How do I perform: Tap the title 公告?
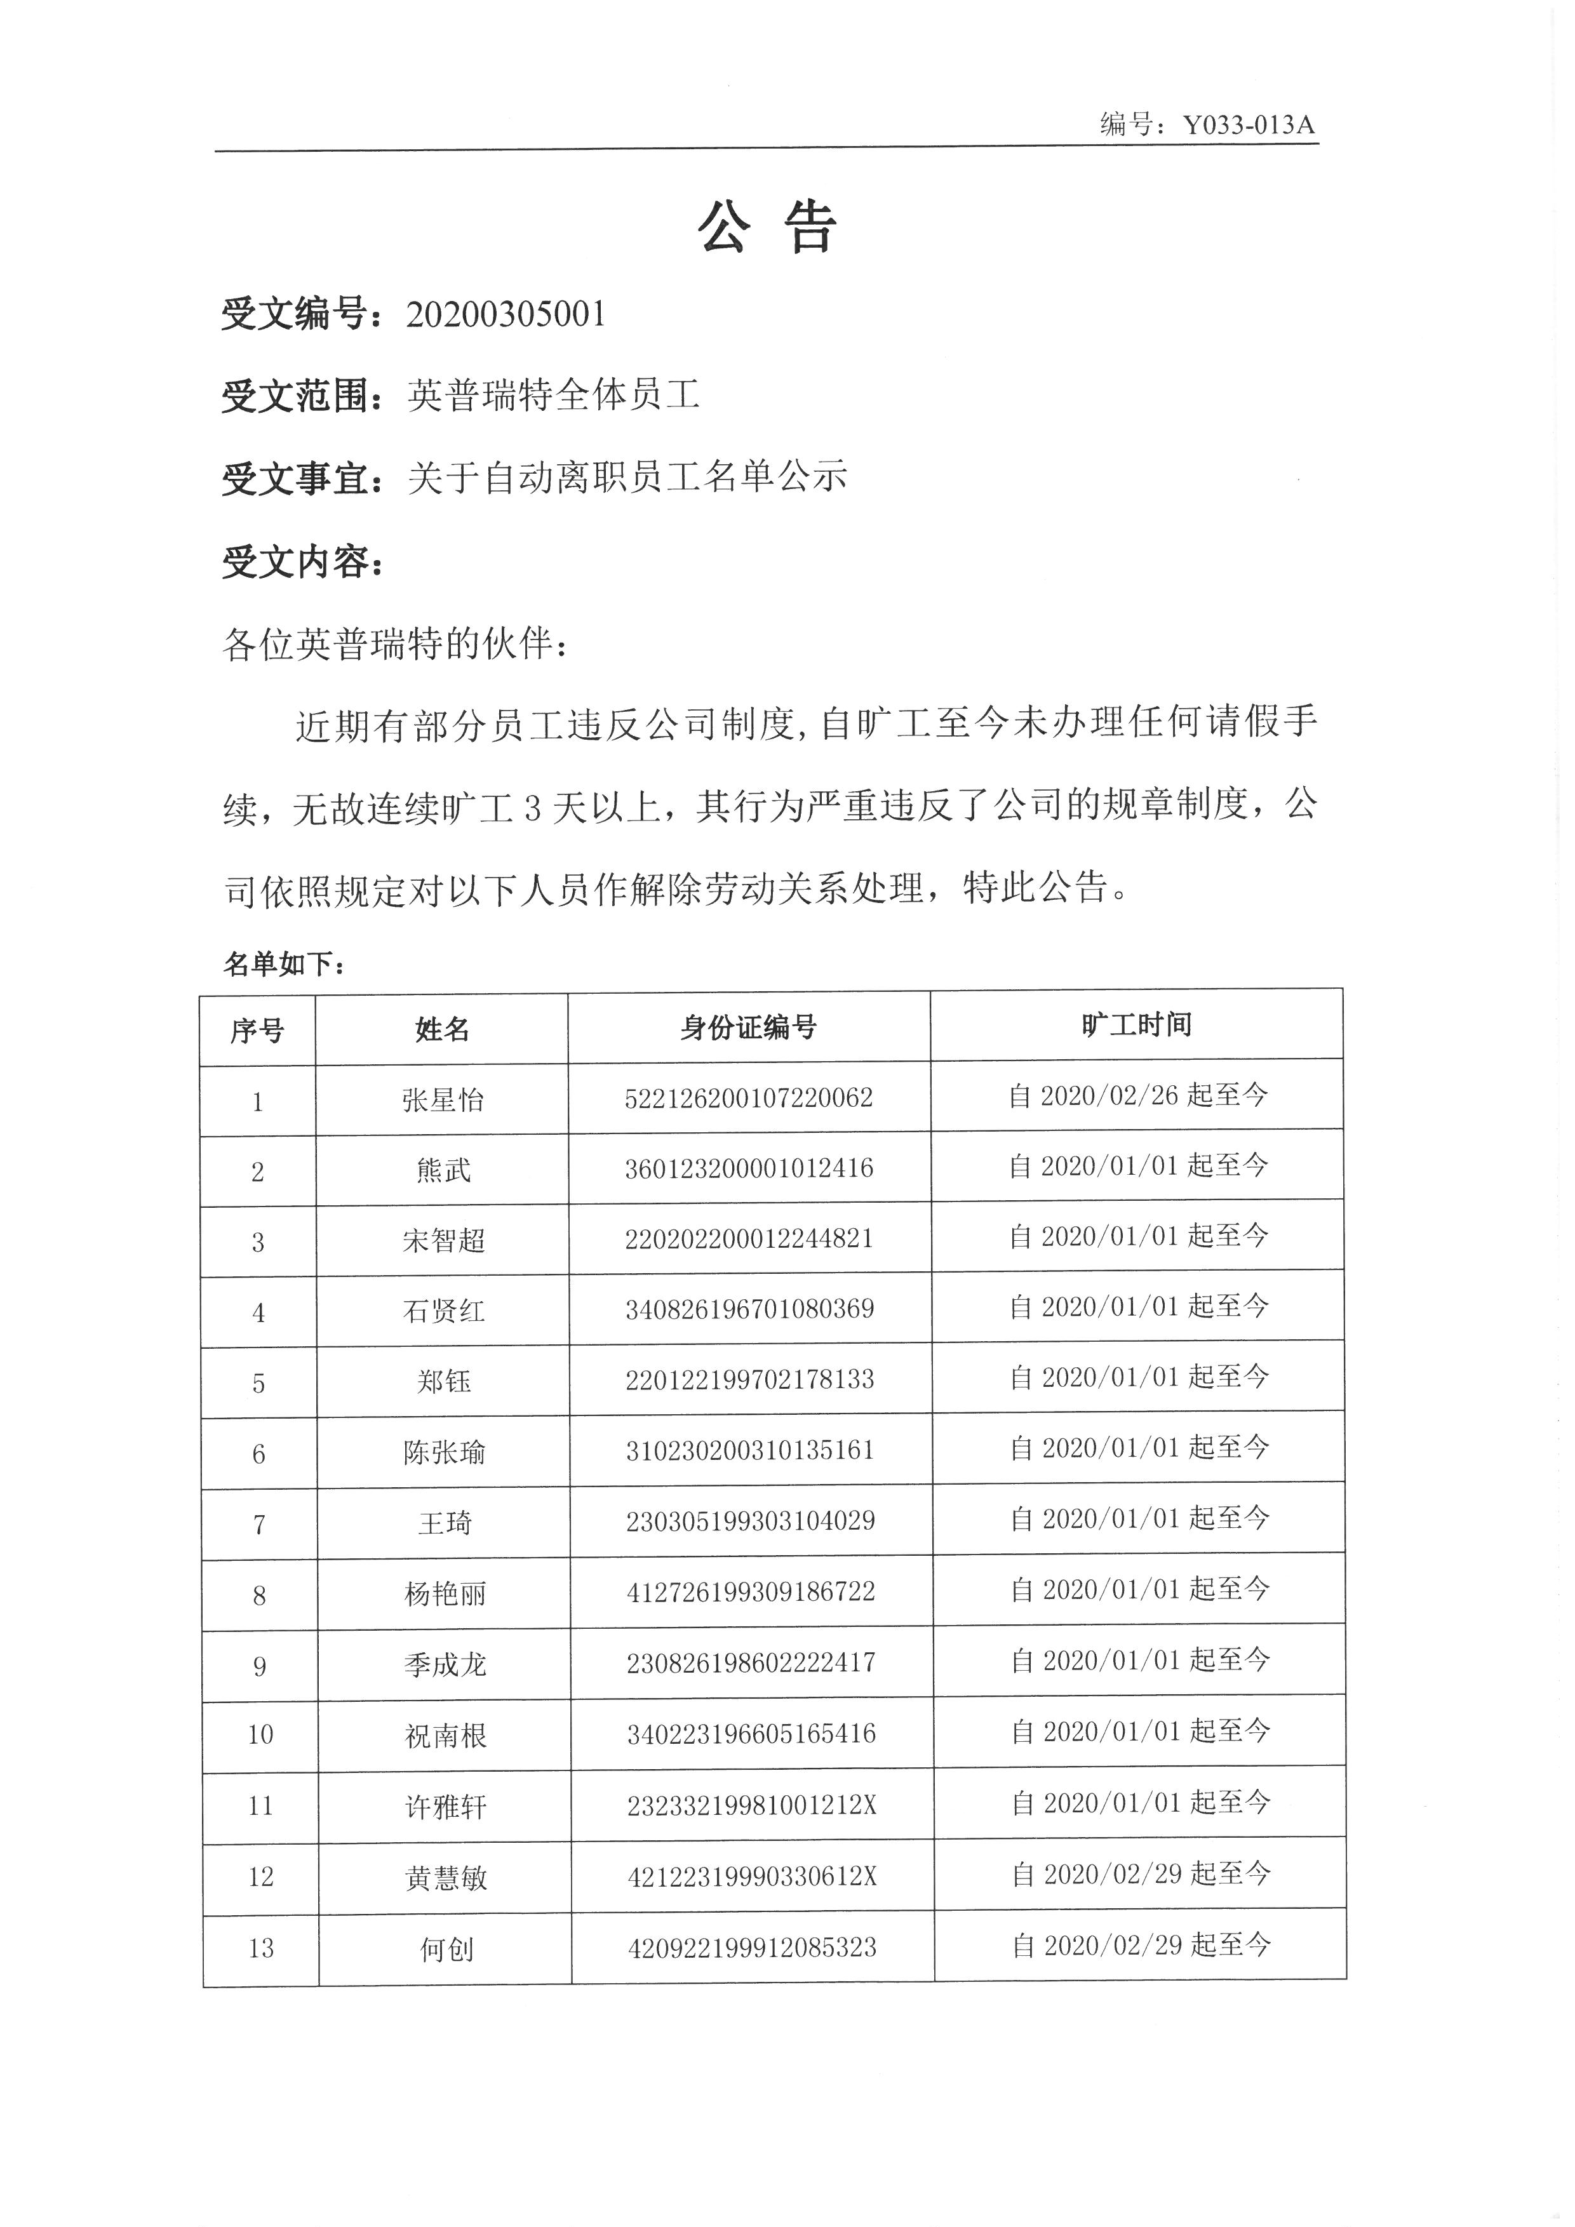click(767, 229)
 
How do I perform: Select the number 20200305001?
click(506, 314)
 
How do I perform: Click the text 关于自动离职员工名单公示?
click(627, 478)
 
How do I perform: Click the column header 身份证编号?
click(749, 1027)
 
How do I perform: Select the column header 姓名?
click(442, 1029)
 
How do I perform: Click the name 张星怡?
click(442, 1100)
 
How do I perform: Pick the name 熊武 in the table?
click(443, 1171)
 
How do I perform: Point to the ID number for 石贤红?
click(749, 1309)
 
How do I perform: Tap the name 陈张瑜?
click(444, 1452)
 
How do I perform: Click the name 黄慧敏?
click(445, 1878)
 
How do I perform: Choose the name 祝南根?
click(445, 1735)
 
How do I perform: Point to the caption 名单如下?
click(283, 963)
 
